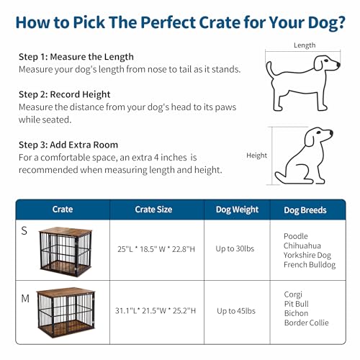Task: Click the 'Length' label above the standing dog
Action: pos(305,45)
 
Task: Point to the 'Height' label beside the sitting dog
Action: pos(256,155)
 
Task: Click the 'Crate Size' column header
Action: pos(153,210)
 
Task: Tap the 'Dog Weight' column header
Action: pos(237,210)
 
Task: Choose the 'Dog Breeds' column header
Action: pos(305,210)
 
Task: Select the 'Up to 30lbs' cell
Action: pos(237,249)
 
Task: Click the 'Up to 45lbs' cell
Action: pos(237,310)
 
